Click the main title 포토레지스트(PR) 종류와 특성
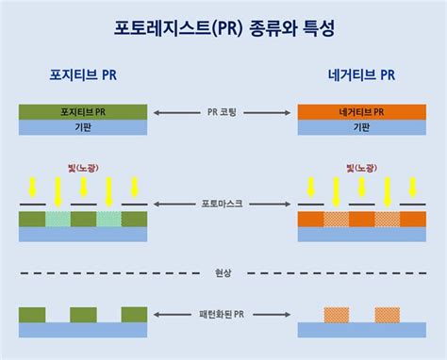click(x=223, y=28)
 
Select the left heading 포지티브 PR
click(x=83, y=74)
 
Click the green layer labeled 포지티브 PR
click(x=83, y=111)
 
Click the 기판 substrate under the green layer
click(x=83, y=126)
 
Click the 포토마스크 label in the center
click(x=223, y=204)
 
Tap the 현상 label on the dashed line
click(x=223, y=273)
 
